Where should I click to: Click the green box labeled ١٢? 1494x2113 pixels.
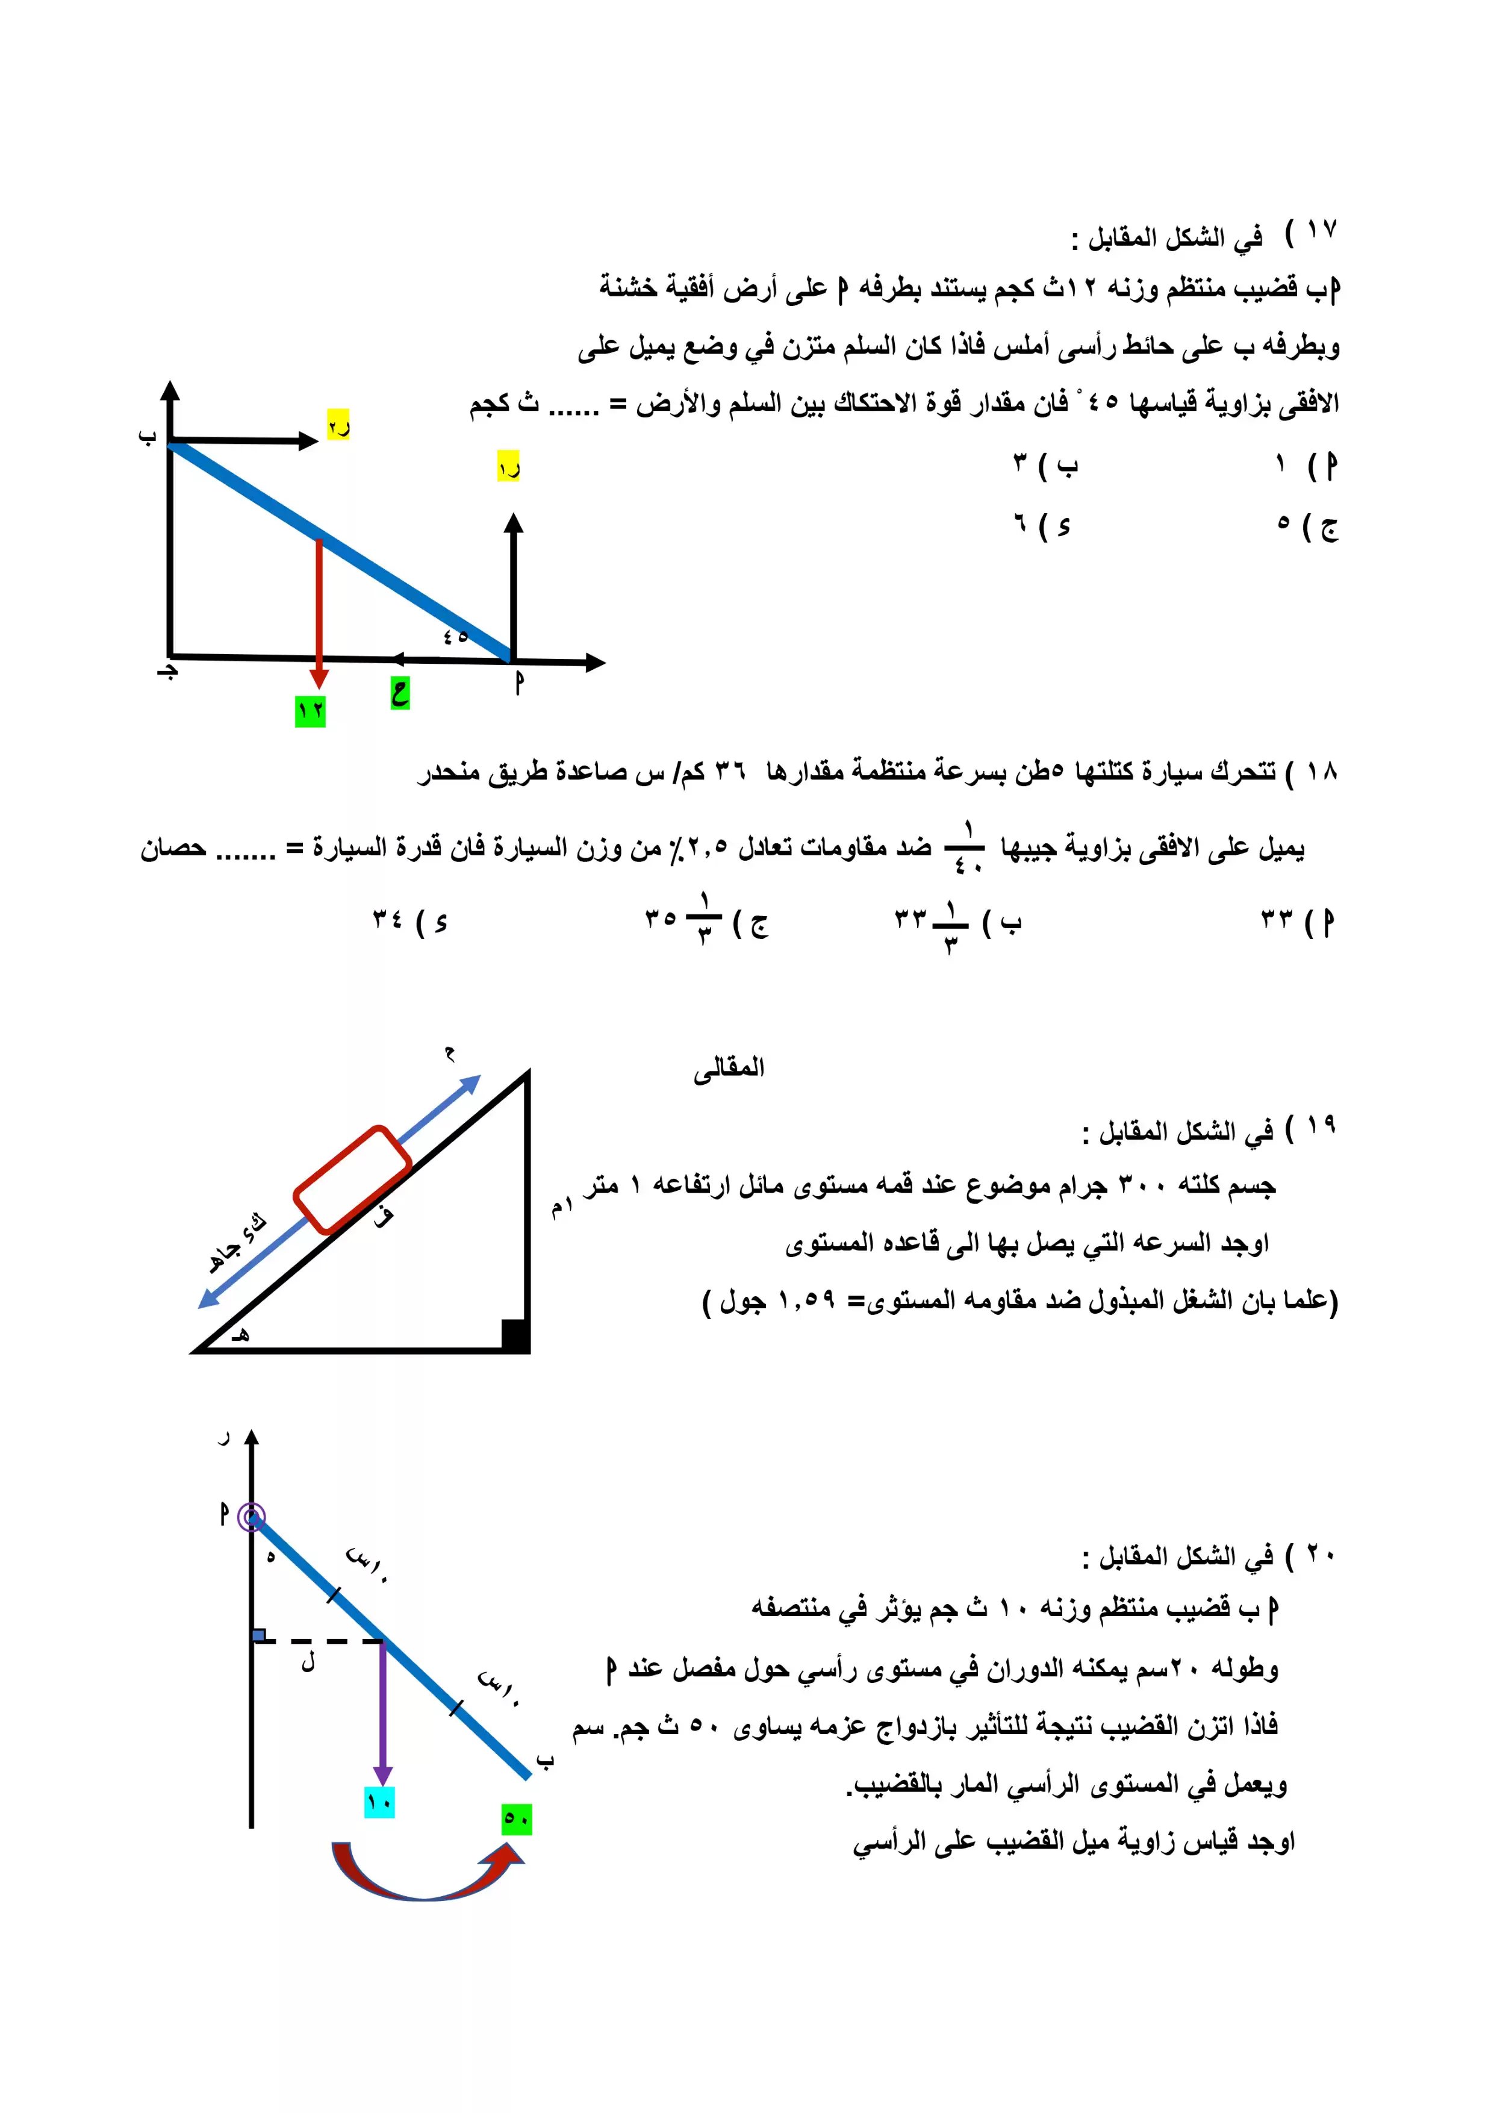click(310, 711)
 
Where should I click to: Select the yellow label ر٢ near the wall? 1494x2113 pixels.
click(338, 425)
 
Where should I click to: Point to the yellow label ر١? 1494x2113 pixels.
click(509, 467)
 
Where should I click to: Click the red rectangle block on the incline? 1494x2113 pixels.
click(352, 1179)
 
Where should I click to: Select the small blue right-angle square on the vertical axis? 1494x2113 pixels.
click(260, 1635)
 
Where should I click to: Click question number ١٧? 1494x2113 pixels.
click(1321, 230)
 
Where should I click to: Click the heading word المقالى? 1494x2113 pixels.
click(729, 1067)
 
